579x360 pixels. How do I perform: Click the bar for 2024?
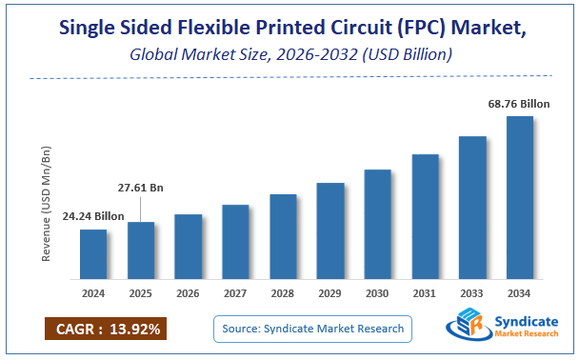(92, 254)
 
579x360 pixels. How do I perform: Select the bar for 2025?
(140, 250)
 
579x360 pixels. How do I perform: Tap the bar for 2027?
(235, 242)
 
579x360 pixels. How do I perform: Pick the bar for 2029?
(329, 230)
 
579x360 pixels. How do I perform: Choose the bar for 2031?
(425, 216)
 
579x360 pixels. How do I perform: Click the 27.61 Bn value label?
(140, 189)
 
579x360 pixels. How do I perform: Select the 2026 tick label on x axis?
(188, 293)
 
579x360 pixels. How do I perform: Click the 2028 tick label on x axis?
(283, 293)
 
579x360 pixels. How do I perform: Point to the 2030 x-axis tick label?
(377, 293)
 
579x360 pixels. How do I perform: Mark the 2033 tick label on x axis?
(472, 293)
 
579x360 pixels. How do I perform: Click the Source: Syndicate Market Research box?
(312, 329)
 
